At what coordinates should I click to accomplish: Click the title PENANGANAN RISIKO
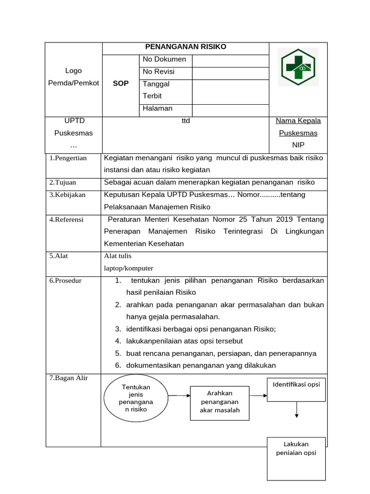pos(185,47)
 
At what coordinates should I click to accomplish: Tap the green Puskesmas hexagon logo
pos(298,67)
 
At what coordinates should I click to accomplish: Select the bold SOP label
pos(120,83)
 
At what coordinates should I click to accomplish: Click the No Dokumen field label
pos(164,59)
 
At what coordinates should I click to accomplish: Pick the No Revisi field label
pos(159,72)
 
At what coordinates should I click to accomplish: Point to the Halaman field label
pos(158,109)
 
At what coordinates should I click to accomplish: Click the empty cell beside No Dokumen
pos(230,60)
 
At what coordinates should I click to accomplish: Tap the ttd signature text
pos(185,121)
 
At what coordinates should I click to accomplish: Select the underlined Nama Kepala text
pos(298,121)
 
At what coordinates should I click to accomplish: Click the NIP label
pos(298,145)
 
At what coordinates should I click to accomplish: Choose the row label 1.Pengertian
pos(68,158)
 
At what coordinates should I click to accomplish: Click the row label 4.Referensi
pos(66,220)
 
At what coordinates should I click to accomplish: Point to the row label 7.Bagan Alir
pos(68,378)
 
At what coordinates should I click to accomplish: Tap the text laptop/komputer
pos(129,268)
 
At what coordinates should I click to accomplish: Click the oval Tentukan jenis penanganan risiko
pos(135,398)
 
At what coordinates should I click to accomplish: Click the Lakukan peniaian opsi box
pos(296,458)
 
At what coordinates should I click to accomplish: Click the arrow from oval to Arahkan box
pos(179,396)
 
